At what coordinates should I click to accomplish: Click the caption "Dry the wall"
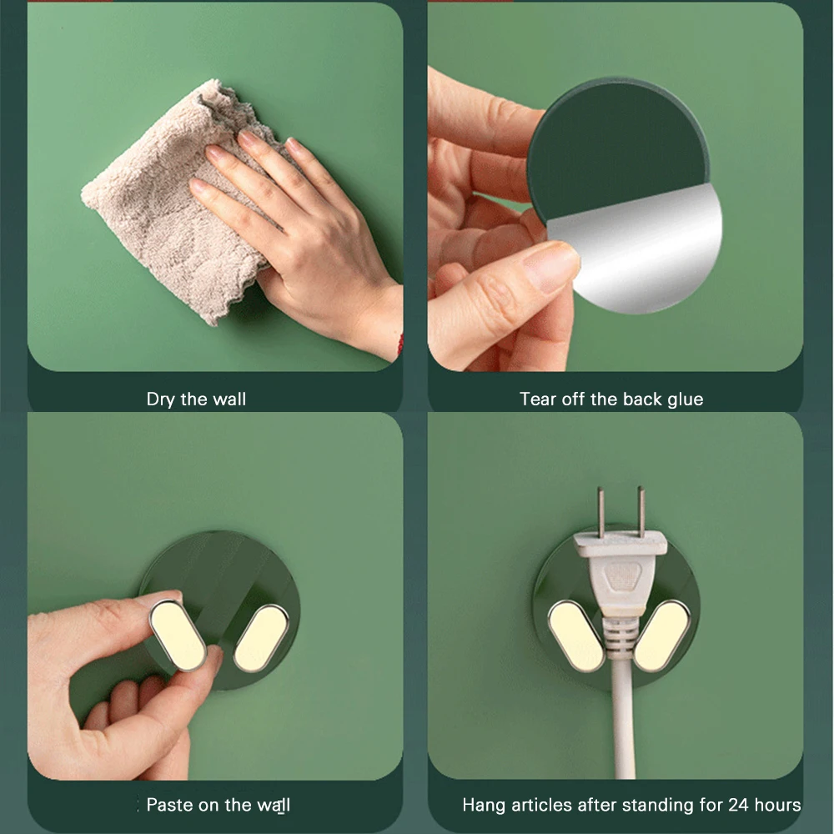click(196, 399)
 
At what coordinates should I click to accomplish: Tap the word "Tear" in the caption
click(537, 399)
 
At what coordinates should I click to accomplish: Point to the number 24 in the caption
click(738, 805)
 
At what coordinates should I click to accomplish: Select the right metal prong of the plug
click(641, 511)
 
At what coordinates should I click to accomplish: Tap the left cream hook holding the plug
click(576, 636)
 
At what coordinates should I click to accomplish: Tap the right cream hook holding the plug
click(662, 636)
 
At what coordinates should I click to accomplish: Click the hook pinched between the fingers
click(178, 634)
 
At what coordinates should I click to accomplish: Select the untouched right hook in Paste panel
click(261, 638)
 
